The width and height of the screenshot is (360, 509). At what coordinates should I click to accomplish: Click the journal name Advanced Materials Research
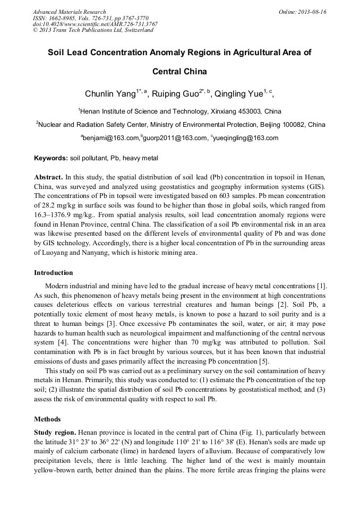[x=69, y=12]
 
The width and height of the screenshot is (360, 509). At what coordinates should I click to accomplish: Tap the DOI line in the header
[x=95, y=24]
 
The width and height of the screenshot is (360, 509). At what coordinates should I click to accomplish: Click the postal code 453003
[x=251, y=112]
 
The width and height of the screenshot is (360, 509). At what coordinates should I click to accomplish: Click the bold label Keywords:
[x=51, y=158]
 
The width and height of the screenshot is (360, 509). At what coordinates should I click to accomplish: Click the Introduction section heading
[x=54, y=273]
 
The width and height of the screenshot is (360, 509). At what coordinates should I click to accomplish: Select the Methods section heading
[x=47, y=419]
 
